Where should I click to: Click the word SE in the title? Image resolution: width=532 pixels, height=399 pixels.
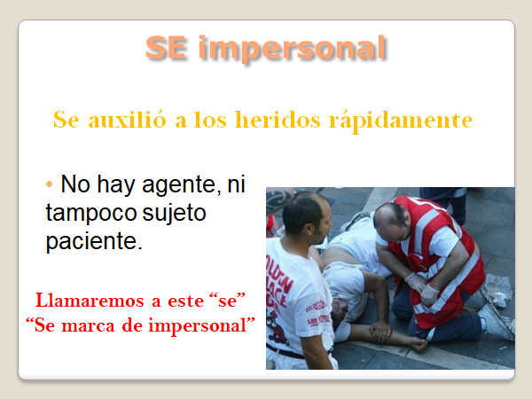(166, 48)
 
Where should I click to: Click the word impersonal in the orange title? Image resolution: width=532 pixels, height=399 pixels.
(292, 50)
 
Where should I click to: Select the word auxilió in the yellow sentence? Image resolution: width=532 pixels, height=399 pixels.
(127, 120)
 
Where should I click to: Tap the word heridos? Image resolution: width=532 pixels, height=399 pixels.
(278, 120)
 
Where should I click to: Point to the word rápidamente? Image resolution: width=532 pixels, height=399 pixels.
(401, 121)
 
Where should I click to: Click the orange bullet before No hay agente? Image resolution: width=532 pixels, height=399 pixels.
(49, 184)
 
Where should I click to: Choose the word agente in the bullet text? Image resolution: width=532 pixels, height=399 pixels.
(179, 185)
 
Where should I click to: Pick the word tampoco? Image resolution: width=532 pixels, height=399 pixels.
(91, 214)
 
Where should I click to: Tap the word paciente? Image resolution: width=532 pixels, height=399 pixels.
(94, 241)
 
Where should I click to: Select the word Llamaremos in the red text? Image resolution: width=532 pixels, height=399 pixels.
(90, 301)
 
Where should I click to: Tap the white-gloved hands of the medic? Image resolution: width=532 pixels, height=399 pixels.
(422, 287)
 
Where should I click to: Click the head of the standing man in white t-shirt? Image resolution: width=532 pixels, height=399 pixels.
(307, 217)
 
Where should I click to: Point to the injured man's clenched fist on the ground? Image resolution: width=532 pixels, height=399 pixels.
(419, 344)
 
